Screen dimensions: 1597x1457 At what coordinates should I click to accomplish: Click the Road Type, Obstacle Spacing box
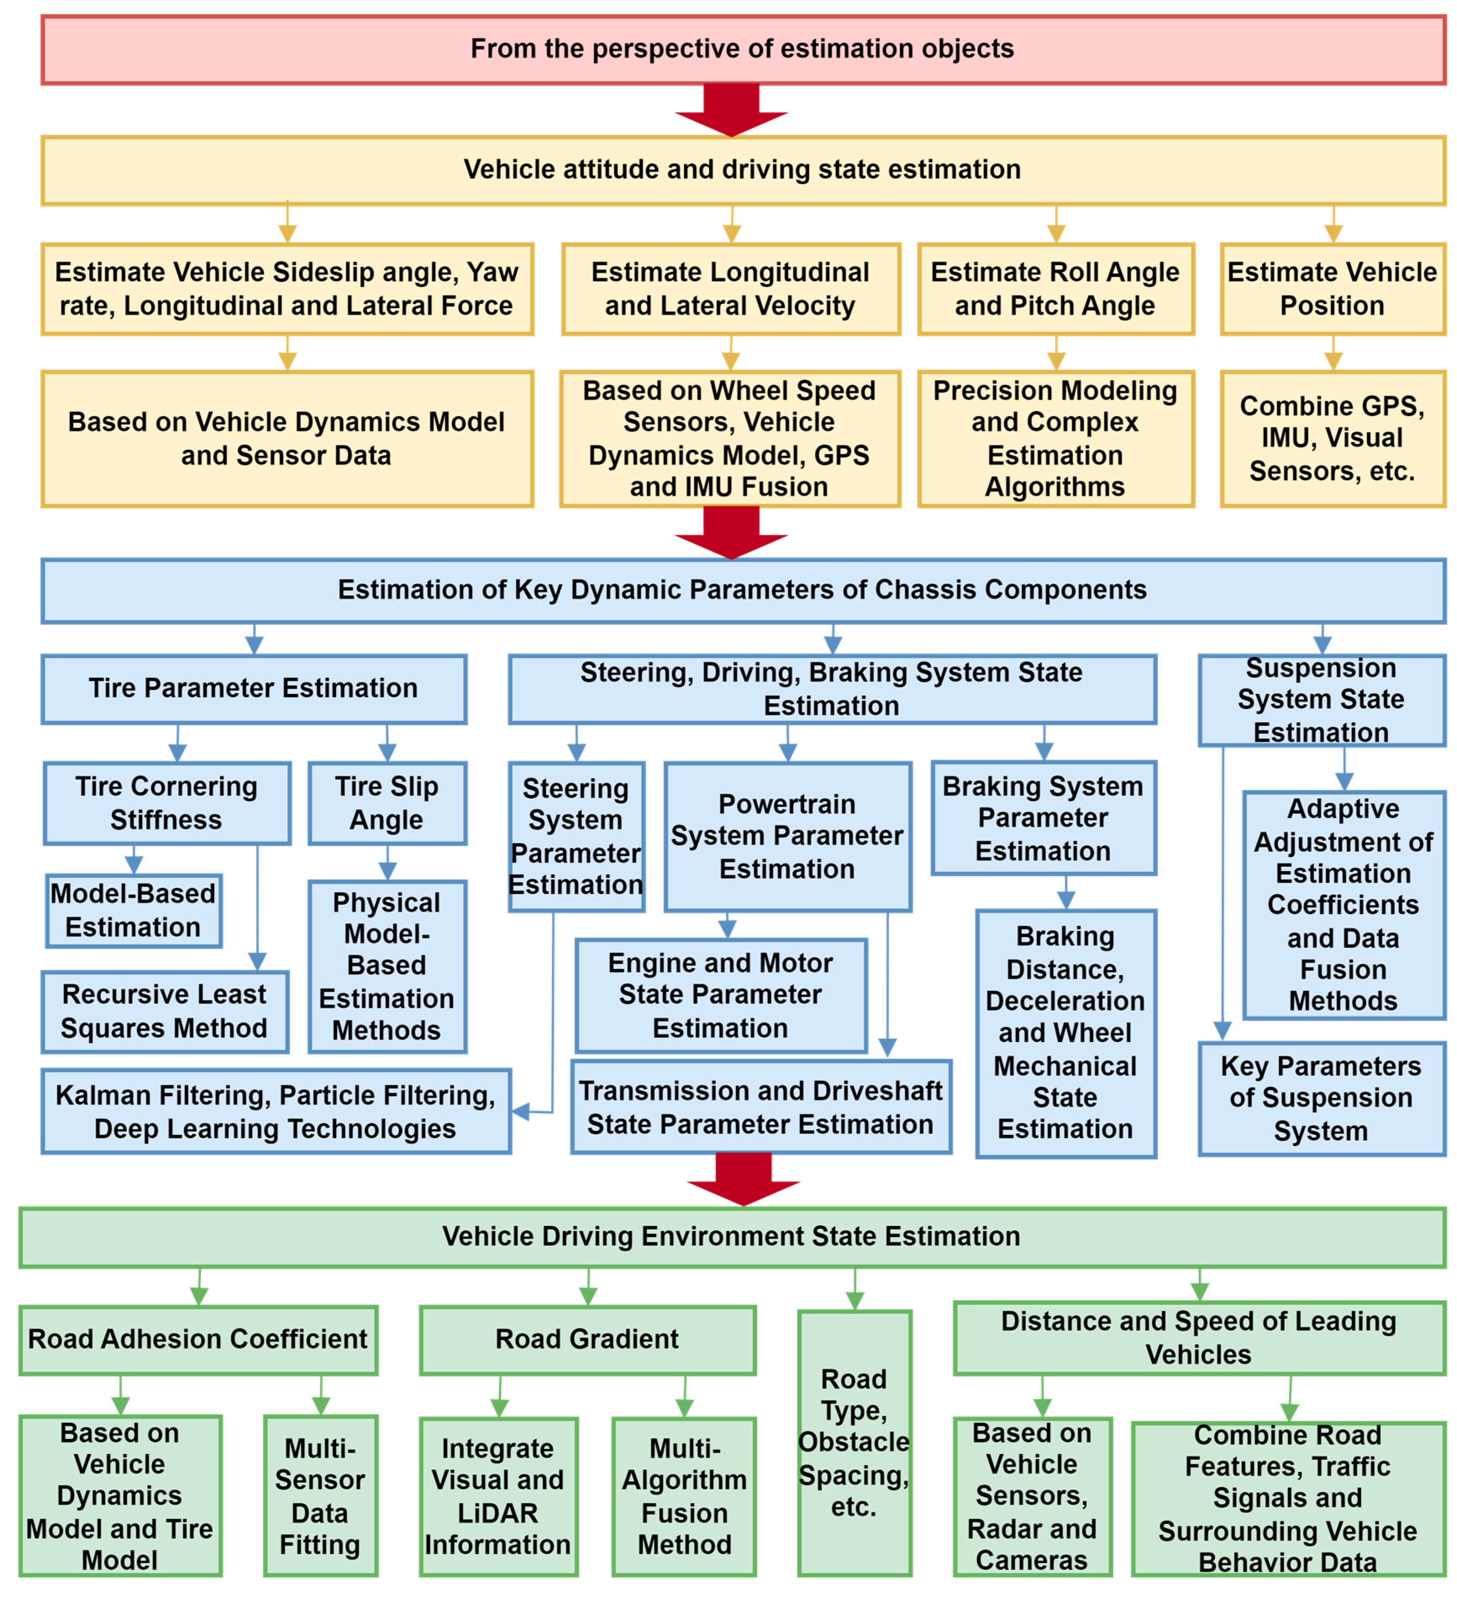tap(853, 1442)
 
